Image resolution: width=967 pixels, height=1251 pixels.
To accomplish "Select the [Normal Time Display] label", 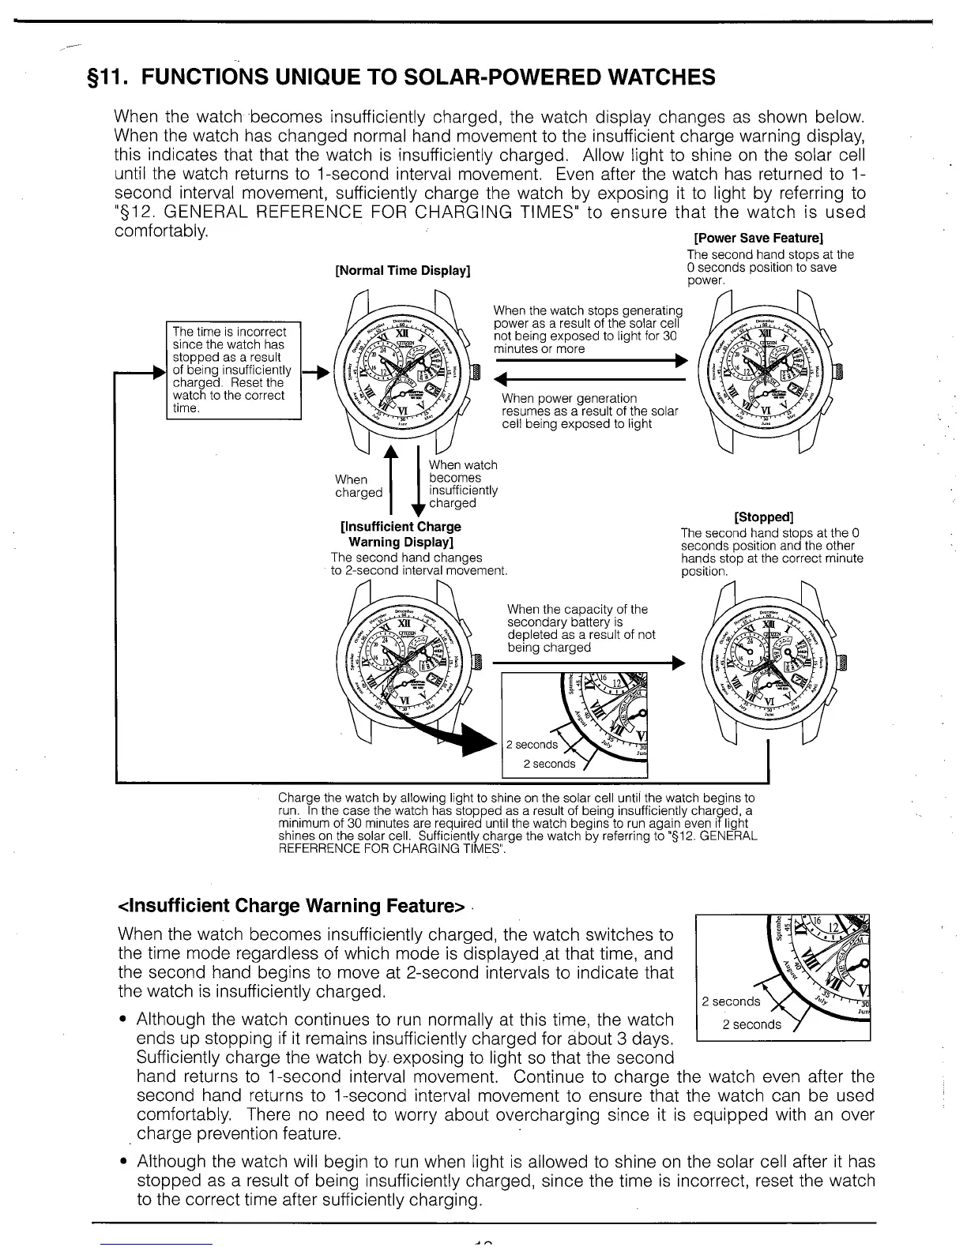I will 403,271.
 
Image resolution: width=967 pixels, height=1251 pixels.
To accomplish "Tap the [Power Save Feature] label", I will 758,238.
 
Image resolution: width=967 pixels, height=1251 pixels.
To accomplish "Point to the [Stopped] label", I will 763,517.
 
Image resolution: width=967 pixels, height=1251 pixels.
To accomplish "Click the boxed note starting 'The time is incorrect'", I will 235,370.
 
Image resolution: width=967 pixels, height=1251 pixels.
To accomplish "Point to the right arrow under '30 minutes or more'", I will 589,361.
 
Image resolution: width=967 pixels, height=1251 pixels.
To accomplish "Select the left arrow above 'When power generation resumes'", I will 589,380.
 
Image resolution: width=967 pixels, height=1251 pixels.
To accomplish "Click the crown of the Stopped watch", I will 841,661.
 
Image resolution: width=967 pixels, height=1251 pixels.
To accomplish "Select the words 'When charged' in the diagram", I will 358,486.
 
